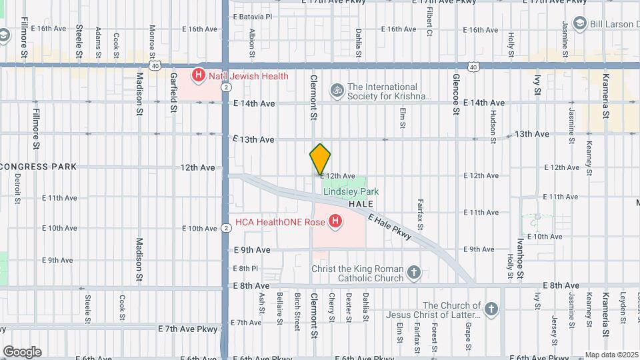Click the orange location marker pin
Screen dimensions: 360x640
pyautogui.click(x=320, y=159)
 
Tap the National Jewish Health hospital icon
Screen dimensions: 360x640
pyautogui.click(x=198, y=76)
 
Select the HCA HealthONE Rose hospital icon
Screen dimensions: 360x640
pyautogui.click(x=335, y=221)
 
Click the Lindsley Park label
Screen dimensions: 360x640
pyautogui.click(x=351, y=191)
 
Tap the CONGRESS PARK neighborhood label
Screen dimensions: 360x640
pyautogui.click(x=39, y=166)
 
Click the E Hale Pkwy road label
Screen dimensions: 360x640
pyautogui.click(x=389, y=227)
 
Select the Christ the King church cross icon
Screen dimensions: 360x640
pyautogui.click(x=414, y=272)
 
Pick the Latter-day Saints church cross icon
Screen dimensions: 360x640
pyautogui.click(x=491, y=309)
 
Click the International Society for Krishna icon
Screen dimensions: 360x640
pyautogui.click(x=337, y=88)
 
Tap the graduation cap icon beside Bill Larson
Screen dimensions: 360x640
pyautogui.click(x=579, y=23)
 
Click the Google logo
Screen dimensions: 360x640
pyautogui.click(x=21, y=351)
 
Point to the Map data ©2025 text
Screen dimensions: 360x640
pyautogui.click(x=611, y=355)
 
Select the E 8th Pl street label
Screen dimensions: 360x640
pyautogui.click(x=245, y=268)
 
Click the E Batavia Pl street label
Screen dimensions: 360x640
pyautogui.click(x=253, y=17)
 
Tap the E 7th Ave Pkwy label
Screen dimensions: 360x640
pyautogui.click(x=188, y=329)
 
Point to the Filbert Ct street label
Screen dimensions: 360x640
pyautogui.click(x=429, y=22)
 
